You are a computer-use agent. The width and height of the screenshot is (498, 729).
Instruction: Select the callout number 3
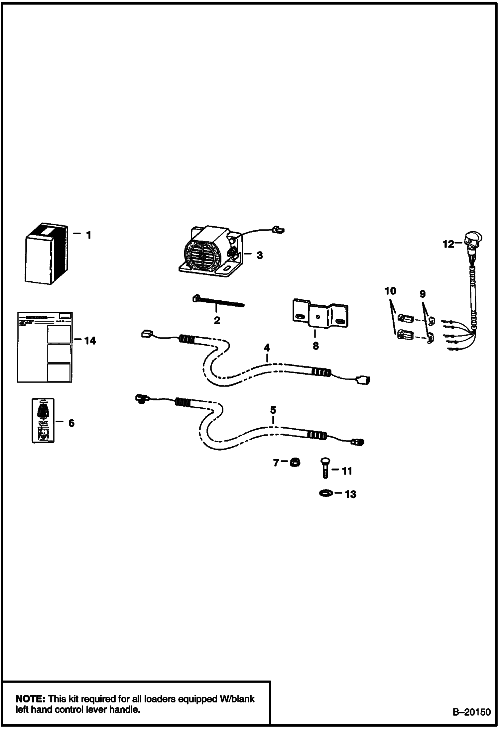[260, 256]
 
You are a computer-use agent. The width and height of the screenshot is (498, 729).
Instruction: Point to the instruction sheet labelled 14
[45, 347]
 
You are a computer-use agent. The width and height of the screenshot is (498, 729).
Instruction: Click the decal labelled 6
[43, 420]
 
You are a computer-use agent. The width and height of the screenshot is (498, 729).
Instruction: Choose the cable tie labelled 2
[218, 302]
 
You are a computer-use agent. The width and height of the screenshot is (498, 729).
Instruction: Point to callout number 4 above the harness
[267, 348]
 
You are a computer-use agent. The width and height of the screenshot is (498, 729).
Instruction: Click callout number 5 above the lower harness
[273, 410]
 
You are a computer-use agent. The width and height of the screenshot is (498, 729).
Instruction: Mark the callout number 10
[390, 291]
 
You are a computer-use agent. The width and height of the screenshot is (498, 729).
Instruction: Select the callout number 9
[422, 294]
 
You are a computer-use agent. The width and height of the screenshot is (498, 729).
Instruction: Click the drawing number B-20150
[471, 712]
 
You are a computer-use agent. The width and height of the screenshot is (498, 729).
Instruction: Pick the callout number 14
[90, 341]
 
